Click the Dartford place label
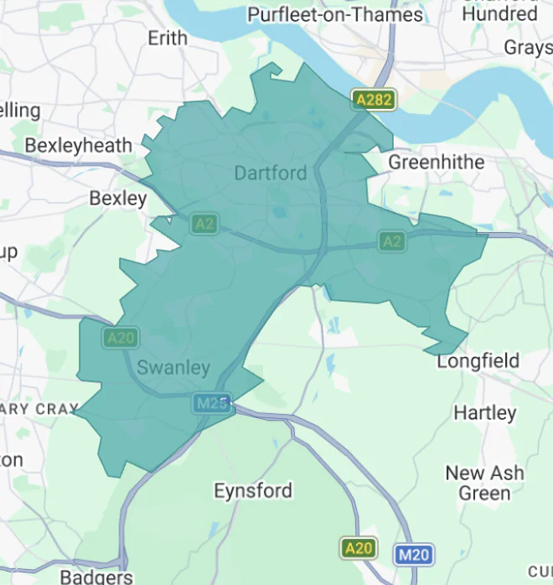[271, 173]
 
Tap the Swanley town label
[173, 368]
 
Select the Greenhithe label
[437, 161]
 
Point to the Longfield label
[478, 361]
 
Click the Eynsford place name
[253, 490]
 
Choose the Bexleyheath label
[78, 145]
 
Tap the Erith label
[168, 39]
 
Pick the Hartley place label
[485, 412]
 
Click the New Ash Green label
[485, 483]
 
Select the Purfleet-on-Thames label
[334, 14]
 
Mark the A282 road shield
[373, 100]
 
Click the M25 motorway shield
[212, 403]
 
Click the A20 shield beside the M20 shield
[358, 548]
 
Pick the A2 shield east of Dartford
[391, 241]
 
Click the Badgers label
[96, 577]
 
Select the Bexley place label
[117, 199]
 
